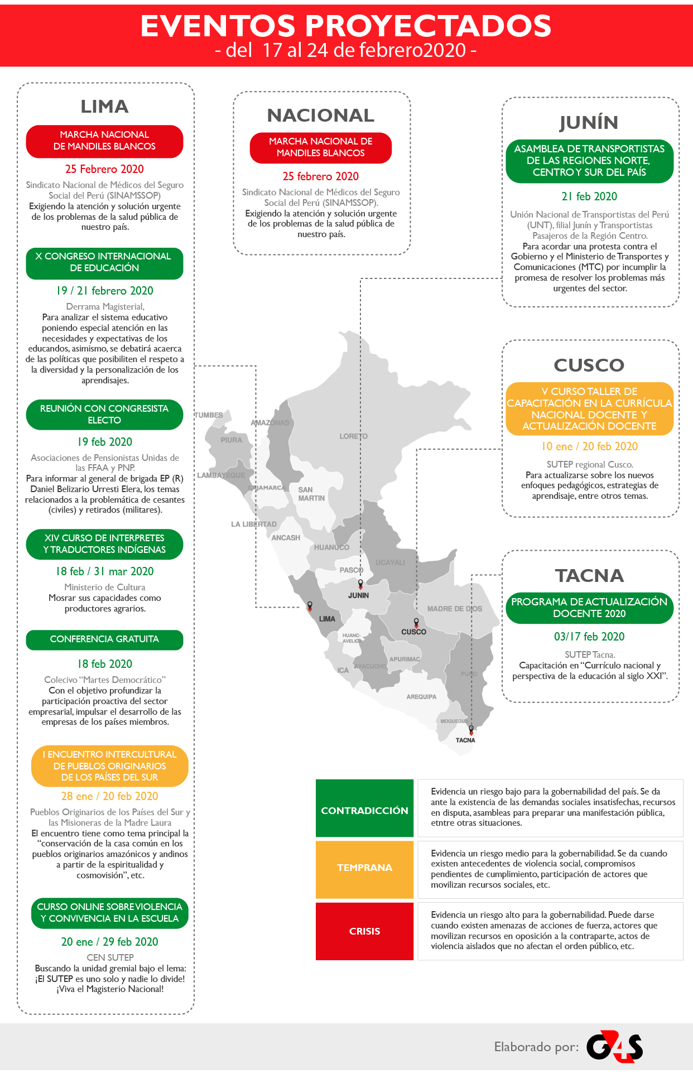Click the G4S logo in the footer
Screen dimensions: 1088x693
(x=614, y=1046)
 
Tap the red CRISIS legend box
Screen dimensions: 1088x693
(x=364, y=931)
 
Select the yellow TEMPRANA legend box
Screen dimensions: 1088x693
(x=364, y=868)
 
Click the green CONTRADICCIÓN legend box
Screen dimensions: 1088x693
(x=364, y=810)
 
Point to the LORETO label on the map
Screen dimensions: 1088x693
(x=353, y=436)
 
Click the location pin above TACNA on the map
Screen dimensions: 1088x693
(x=471, y=729)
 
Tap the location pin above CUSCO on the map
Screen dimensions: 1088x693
(x=416, y=622)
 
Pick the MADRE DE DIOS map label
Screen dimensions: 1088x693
(x=454, y=609)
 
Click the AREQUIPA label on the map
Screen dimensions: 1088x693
(x=421, y=697)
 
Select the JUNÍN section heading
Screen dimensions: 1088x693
(x=589, y=123)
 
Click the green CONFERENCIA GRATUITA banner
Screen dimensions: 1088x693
(x=104, y=639)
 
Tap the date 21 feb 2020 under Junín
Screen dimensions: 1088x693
(x=589, y=196)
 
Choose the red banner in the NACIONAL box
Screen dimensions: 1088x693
(x=321, y=147)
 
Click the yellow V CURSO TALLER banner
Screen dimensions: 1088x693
(x=589, y=408)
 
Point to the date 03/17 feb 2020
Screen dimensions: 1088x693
(x=589, y=637)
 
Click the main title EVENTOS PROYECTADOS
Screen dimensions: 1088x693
(x=346, y=26)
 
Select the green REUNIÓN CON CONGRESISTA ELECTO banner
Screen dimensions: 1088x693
(x=104, y=414)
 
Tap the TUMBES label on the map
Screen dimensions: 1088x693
(x=209, y=415)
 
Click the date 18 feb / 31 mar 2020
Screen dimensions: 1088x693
(x=104, y=571)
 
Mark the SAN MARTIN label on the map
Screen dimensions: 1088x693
(x=311, y=494)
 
